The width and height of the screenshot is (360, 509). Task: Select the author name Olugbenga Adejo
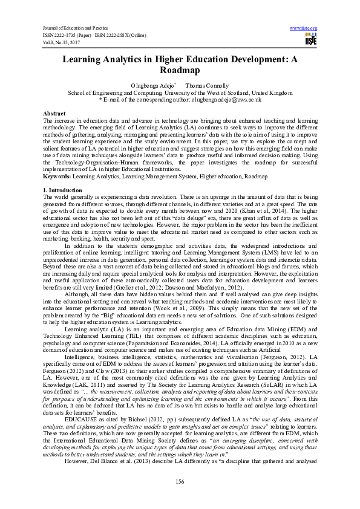[152, 86]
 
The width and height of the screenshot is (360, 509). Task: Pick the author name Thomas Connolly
[207, 86]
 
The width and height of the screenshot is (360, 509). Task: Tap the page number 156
[180, 481]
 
